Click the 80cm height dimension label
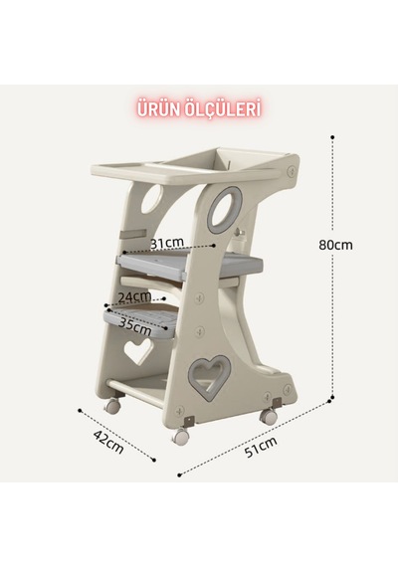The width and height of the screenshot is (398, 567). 335,245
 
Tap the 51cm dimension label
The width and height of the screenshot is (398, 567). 261,447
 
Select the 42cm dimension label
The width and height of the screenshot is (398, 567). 108,442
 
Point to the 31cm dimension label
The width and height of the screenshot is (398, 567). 167,243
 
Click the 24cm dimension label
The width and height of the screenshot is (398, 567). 135,296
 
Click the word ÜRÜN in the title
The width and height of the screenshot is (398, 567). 159,109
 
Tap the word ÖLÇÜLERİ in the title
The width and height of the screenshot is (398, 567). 223,109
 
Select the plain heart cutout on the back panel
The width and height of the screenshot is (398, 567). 138,349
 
